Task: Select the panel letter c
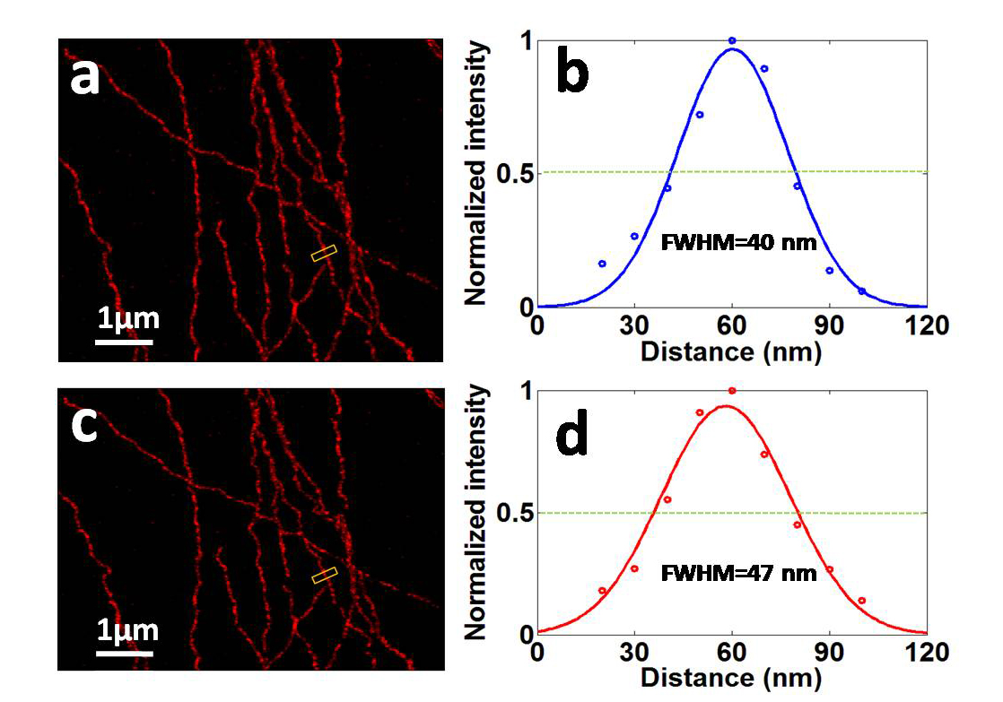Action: [x=84, y=426]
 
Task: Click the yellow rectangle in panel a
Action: [x=324, y=254]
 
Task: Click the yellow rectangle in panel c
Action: [x=324, y=576]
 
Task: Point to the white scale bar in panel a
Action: [x=124, y=341]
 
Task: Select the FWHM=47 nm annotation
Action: [x=738, y=572]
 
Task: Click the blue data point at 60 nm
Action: [x=732, y=40]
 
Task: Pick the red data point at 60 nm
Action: [x=732, y=391]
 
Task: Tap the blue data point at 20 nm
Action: [x=602, y=264]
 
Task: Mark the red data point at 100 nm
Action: [x=862, y=601]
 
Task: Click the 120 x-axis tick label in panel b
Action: [x=927, y=326]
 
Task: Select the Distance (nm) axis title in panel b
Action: [x=731, y=351]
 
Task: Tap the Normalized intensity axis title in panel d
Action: [x=476, y=512]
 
